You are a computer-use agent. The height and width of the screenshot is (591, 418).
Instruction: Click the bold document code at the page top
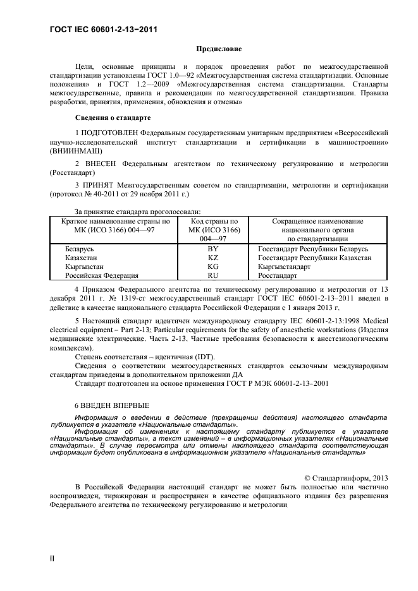point(103,30)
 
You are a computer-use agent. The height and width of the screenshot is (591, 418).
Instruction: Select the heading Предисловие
point(218,48)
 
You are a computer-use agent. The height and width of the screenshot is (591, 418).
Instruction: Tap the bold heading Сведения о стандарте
point(113,117)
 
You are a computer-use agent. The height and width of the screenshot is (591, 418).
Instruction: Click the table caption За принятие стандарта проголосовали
point(138,212)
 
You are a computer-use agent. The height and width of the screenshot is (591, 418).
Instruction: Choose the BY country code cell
point(213,249)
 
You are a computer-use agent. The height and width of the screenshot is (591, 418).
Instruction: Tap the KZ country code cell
point(213,258)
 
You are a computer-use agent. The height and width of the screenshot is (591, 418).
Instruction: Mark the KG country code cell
point(213,266)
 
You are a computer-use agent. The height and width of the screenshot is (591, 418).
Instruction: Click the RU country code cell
point(213,275)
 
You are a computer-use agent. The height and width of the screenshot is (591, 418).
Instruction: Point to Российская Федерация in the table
point(101,275)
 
